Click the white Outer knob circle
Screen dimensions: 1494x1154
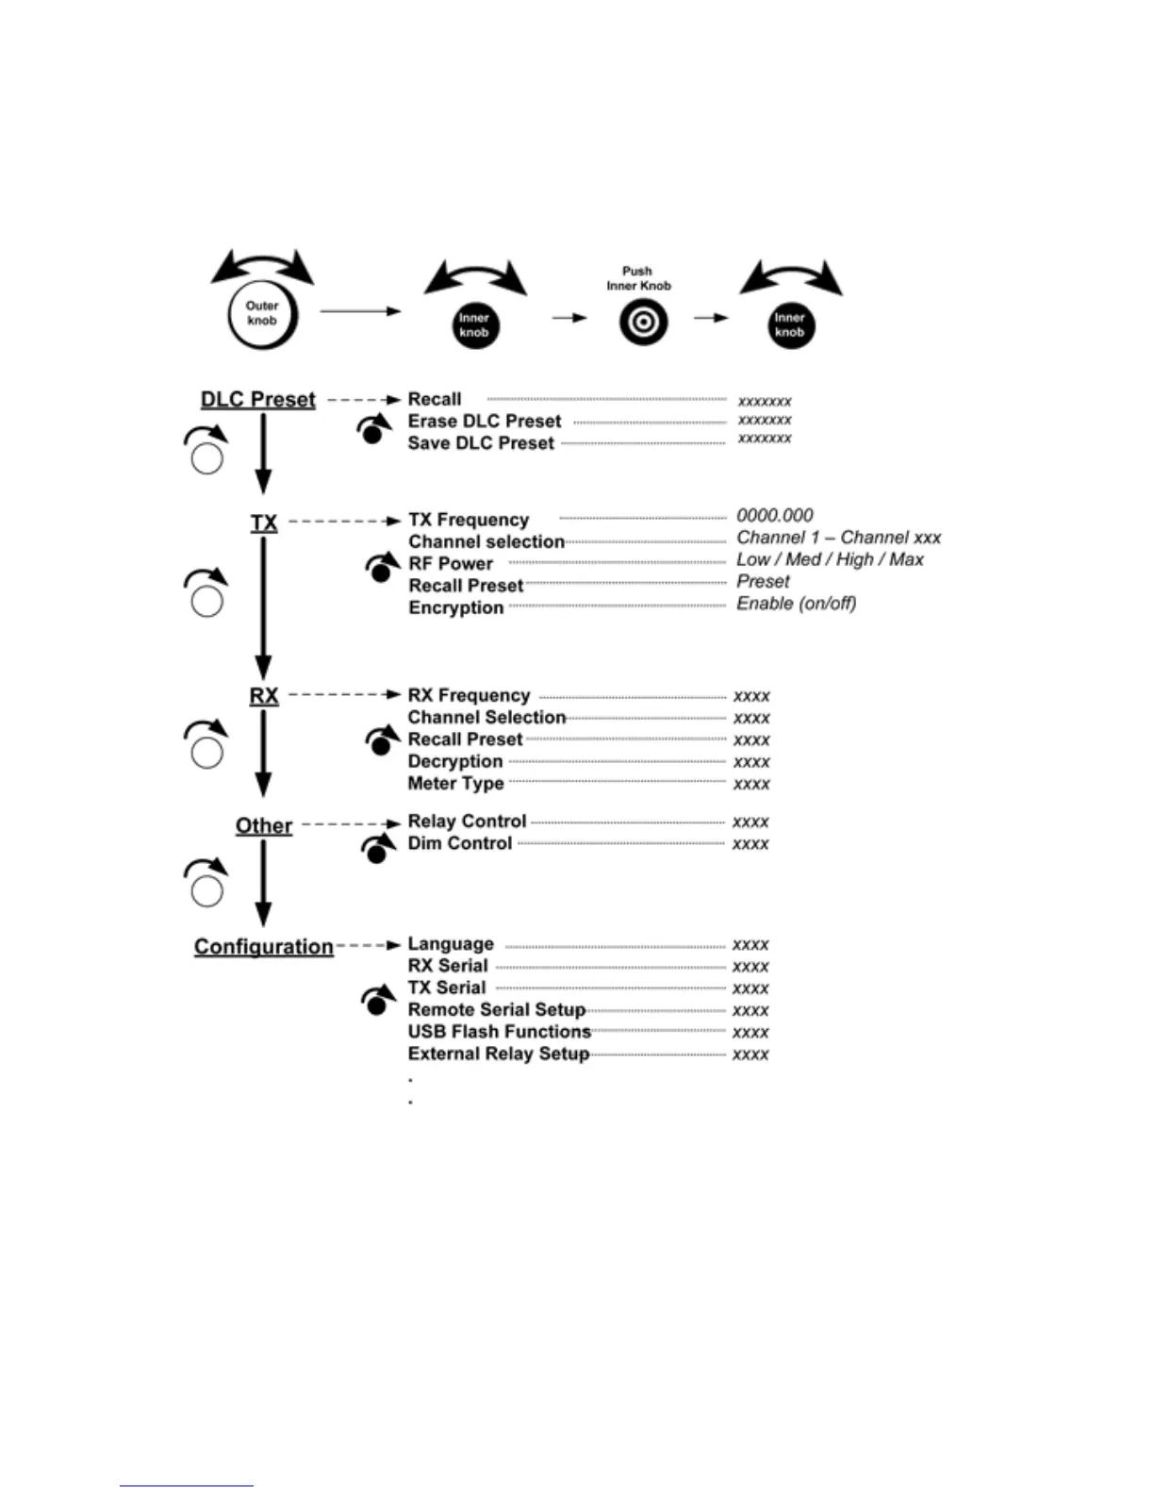tap(262, 314)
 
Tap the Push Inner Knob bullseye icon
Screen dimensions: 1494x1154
tap(643, 323)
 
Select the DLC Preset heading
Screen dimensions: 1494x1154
tap(257, 400)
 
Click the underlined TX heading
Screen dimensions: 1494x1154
tap(264, 523)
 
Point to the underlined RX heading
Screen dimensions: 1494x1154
tap(264, 696)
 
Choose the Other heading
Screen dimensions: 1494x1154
tap(264, 826)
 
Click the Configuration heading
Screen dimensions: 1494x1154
tap(264, 947)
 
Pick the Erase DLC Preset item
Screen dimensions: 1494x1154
tap(484, 422)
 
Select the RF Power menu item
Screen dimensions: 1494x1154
tap(451, 564)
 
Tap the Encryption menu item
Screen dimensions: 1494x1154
tap(455, 607)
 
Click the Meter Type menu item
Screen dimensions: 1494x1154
tap(455, 784)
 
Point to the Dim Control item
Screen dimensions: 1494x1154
tap(459, 843)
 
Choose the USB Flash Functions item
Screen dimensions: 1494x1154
tap(499, 1032)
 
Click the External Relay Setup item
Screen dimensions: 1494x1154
tap(498, 1054)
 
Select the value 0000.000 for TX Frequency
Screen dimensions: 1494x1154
tap(774, 516)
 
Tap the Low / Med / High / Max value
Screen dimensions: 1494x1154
tap(830, 559)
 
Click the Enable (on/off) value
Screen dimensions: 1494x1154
tap(796, 604)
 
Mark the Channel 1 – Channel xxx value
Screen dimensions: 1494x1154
tap(838, 538)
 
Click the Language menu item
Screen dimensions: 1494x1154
tap(450, 944)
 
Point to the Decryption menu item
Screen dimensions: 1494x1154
tap(454, 762)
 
